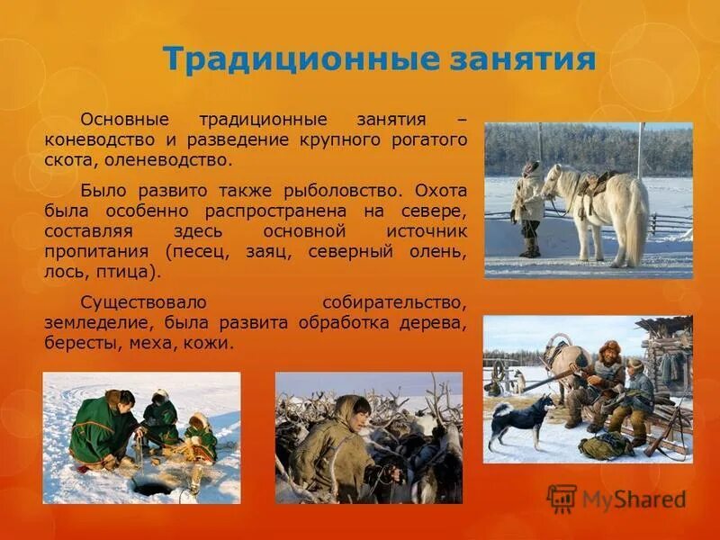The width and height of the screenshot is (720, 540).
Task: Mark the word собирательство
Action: point(394,301)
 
